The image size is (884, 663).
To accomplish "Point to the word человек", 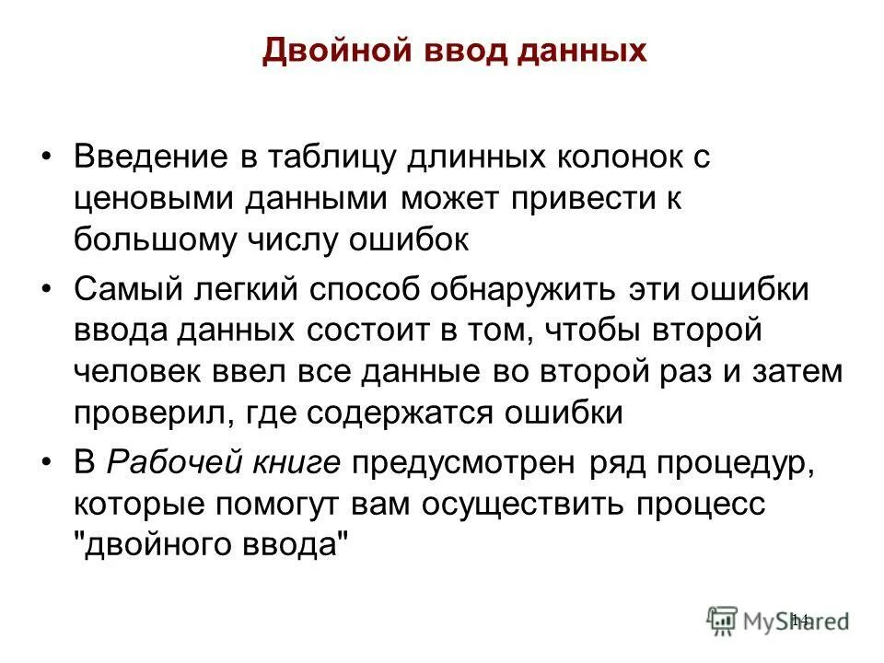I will [136, 372].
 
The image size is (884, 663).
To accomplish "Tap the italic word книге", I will [297, 463].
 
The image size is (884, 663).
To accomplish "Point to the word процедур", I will [721, 463].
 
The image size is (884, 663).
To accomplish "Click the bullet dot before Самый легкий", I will [48, 289].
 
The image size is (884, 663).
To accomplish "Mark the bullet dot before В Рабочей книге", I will [48, 463].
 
